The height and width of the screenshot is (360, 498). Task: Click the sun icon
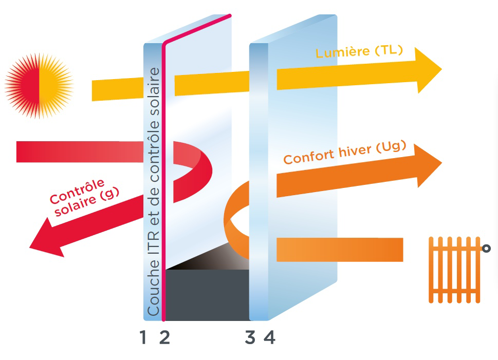point(39,86)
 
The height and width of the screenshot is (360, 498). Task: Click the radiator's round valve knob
point(486,248)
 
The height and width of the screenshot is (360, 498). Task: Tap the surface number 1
point(143,337)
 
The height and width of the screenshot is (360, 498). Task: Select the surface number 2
point(164,337)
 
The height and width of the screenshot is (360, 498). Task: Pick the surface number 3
point(250,337)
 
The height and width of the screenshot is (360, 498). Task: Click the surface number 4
point(270,337)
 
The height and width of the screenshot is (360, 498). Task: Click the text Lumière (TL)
point(359,51)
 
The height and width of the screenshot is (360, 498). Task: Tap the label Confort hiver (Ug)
point(345,153)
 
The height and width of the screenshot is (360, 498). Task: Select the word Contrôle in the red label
point(77,191)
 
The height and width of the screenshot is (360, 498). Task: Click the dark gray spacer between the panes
point(207,295)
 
